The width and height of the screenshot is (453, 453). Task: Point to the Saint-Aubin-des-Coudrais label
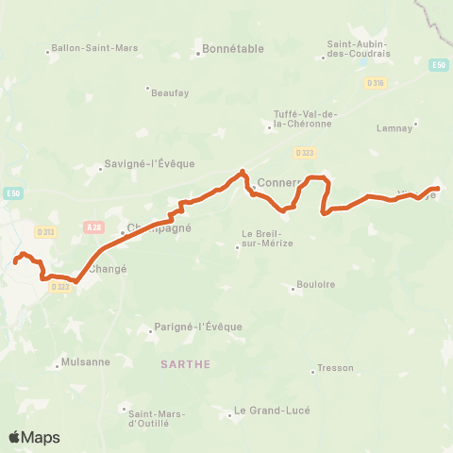click(360, 48)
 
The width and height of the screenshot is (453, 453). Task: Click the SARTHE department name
click(184, 362)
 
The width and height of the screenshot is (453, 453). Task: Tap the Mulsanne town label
click(85, 361)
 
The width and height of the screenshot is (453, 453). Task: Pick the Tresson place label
click(335, 368)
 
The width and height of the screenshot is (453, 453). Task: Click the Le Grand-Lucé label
click(271, 411)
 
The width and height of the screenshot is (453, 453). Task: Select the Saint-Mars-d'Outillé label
click(156, 415)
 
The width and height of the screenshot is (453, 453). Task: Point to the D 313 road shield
click(45, 232)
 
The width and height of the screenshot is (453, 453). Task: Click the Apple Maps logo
click(34, 437)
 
